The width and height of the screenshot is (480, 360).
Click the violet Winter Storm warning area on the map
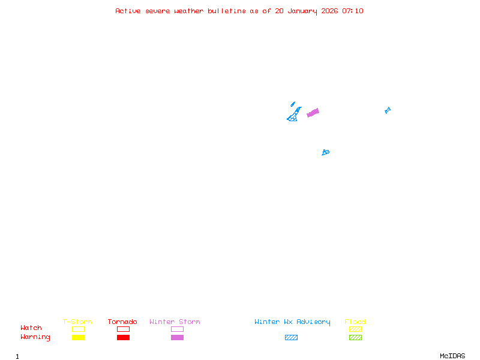coord(313,112)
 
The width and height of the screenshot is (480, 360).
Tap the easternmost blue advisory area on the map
coord(388,110)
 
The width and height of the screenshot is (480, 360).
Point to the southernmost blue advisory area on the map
coord(325,152)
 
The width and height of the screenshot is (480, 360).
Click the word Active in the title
coord(128,11)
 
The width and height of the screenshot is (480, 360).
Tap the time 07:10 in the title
coord(353,11)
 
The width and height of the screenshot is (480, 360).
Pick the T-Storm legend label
coord(77,322)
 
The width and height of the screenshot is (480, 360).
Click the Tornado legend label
coord(122,322)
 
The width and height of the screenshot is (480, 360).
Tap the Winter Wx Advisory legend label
coord(292,322)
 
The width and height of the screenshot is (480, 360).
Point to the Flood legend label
coord(355,322)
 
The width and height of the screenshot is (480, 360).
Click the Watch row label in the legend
coord(31,328)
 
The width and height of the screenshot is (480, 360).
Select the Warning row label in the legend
coord(35,337)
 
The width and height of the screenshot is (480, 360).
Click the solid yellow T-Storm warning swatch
coord(78,338)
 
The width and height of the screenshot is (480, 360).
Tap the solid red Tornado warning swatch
coord(123,338)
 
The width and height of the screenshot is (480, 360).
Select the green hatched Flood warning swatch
coord(355,338)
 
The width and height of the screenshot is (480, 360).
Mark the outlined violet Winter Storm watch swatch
coord(177,329)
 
